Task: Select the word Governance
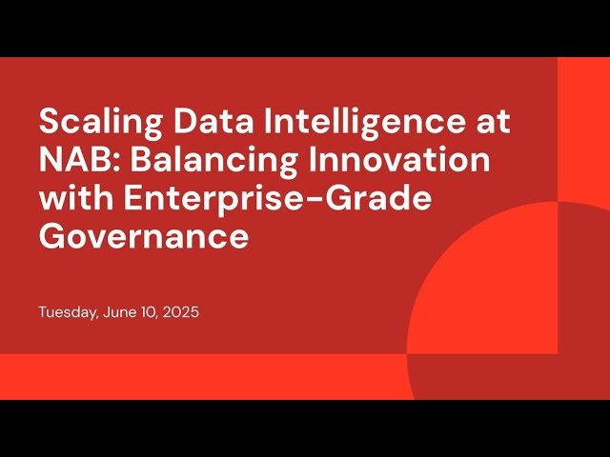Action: (144, 236)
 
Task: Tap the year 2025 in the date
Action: (181, 312)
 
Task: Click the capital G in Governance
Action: (53, 236)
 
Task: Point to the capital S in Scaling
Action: (49, 123)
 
